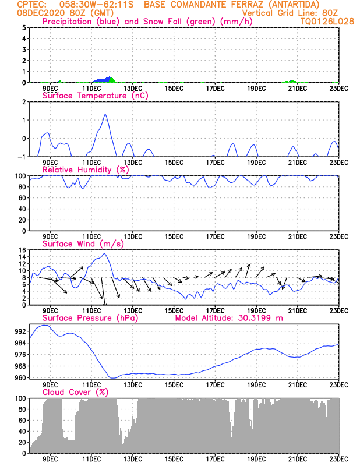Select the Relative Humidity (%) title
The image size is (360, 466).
[x=85, y=170]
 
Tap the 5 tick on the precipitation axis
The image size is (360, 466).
[x=23, y=27]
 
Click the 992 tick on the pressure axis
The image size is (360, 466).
[x=20, y=331]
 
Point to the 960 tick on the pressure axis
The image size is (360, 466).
[x=20, y=377]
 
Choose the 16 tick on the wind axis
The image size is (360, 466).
[x=22, y=250]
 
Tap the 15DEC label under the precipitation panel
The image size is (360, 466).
[x=174, y=89]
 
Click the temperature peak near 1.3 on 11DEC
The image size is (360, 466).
[x=105, y=115]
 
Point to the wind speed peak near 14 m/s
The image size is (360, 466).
[x=104, y=254]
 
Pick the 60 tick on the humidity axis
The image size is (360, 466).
[x=22, y=197]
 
